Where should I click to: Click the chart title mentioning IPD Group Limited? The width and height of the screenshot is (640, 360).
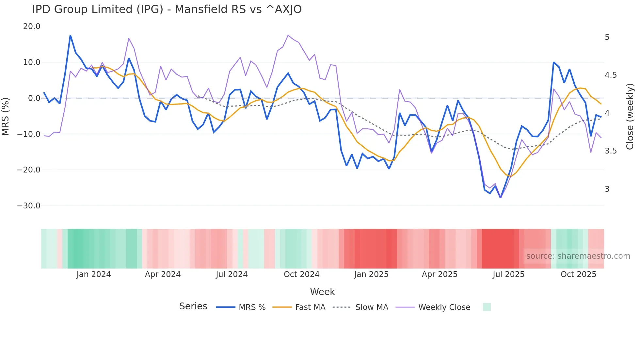pos(167,9)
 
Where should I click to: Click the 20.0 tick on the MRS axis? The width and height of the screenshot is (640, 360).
pos(32,26)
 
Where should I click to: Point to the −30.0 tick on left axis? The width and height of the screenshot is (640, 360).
pos(29,206)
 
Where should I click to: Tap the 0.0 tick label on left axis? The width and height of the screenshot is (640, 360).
pos(34,98)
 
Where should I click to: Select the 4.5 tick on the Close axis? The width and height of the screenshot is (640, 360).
pos(611,75)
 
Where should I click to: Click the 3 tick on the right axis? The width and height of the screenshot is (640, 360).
pos(607,189)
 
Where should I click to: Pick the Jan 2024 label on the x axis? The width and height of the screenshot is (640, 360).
pos(93,274)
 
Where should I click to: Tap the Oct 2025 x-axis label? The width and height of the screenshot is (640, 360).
pos(578,274)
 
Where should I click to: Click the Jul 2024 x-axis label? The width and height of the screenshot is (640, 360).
pos(232,274)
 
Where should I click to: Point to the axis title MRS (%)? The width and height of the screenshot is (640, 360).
pos(6,116)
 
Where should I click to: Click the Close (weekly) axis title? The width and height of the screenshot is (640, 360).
pos(630,116)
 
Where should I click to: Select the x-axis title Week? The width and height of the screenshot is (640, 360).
pos(322,292)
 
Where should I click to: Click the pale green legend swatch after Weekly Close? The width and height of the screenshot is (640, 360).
pos(487,307)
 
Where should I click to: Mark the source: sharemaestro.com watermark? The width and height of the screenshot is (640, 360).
pos(578,256)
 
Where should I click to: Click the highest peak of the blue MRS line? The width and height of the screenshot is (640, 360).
pos(70,35)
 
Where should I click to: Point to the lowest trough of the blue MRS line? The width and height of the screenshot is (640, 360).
pos(500,198)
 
